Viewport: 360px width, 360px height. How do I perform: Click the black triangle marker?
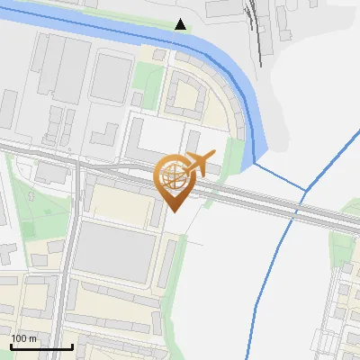click(x=181, y=24)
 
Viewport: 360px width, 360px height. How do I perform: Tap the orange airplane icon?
click(x=202, y=164)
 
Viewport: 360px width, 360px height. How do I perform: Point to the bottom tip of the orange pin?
click(x=173, y=211)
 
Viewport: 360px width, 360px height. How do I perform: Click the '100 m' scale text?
click(x=24, y=338)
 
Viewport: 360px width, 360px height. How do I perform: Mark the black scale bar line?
click(x=41, y=346)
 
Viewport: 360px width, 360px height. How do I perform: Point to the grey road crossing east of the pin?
click(x=270, y=204)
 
